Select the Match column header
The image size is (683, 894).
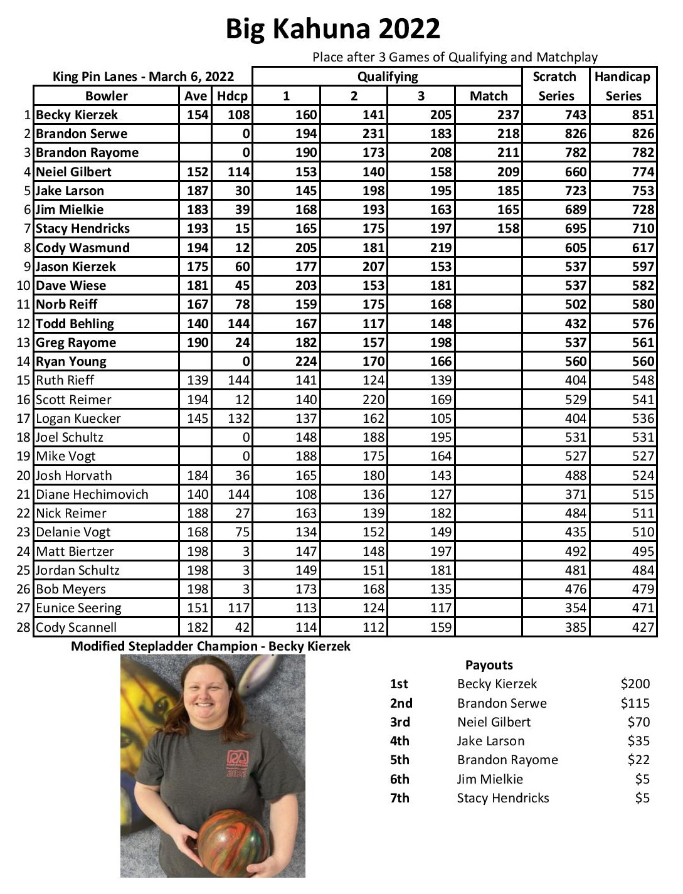tap(489, 96)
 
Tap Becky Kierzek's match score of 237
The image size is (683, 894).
tap(508, 115)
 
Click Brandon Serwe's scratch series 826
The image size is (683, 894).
tap(575, 134)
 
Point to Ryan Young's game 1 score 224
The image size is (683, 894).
tap(306, 361)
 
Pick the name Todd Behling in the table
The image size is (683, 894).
tap(75, 324)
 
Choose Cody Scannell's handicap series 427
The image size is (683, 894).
tap(643, 627)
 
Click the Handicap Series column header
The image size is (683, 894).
tap(623, 86)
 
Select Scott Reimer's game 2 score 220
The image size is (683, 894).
tap(373, 400)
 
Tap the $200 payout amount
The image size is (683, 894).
tap(635, 684)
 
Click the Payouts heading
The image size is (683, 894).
tap(489, 665)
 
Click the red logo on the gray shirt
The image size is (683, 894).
tap(238, 763)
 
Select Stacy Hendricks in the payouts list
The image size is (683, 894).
tap(503, 798)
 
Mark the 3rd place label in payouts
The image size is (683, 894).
tap(400, 722)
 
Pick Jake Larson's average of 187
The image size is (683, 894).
tap(197, 191)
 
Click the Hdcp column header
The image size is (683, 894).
tap(232, 96)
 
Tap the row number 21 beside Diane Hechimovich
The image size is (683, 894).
tap(24, 494)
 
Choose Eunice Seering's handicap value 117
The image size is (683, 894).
tap(238, 608)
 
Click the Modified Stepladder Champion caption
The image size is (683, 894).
tap(211, 646)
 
